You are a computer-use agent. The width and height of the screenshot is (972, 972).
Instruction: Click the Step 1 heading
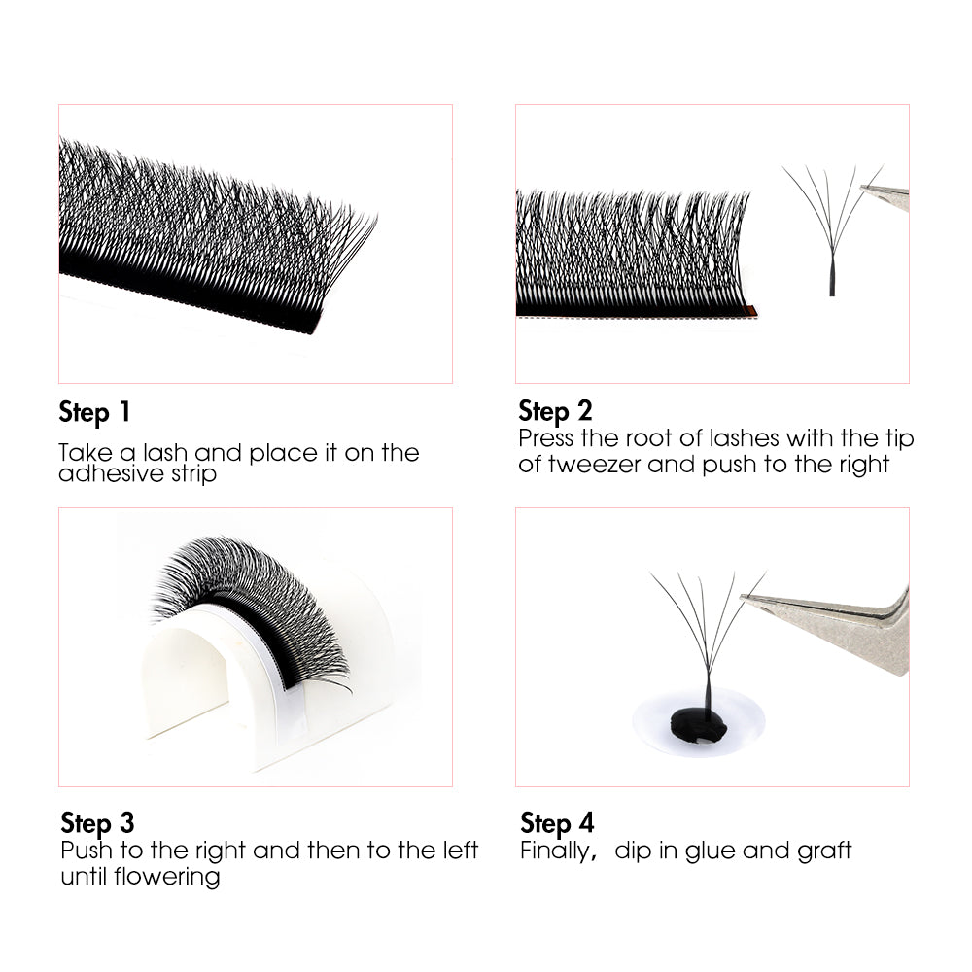(x=94, y=411)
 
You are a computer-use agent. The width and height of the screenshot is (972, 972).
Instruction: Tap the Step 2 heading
(x=555, y=410)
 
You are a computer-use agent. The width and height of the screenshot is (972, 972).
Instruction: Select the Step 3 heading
(x=97, y=822)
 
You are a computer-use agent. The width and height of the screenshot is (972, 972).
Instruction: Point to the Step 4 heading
(x=556, y=822)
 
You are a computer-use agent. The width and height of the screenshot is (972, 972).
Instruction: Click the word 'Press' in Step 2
(x=545, y=438)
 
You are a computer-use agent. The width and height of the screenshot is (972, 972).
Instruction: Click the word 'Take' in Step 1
(x=81, y=453)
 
